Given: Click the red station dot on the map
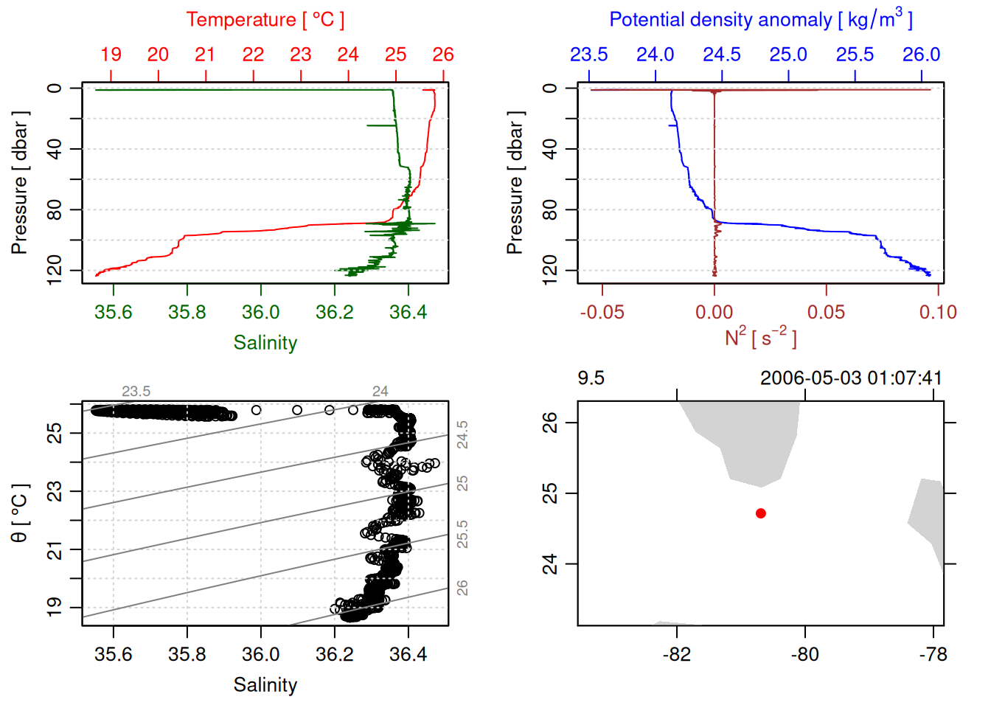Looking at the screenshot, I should pyautogui.click(x=760, y=513).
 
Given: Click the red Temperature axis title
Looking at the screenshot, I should pyautogui.click(x=265, y=20).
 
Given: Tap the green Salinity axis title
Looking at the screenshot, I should pyautogui.click(x=265, y=343).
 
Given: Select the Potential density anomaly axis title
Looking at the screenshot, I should pyautogui.click(x=760, y=20).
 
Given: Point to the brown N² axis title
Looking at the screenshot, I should pyautogui.click(x=760, y=338).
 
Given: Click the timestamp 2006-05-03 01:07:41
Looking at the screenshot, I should pyautogui.click(x=851, y=378).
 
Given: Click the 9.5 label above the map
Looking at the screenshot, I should pyautogui.click(x=591, y=378).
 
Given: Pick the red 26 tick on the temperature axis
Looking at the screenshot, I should pyautogui.click(x=443, y=55).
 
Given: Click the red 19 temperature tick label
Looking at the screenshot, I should pyautogui.click(x=111, y=55).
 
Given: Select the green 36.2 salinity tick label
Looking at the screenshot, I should pyautogui.click(x=335, y=312).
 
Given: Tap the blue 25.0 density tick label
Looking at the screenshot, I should pyautogui.click(x=788, y=55).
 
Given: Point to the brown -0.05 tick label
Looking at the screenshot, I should pyautogui.click(x=602, y=312).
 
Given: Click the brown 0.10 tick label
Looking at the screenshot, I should pyautogui.click(x=938, y=312).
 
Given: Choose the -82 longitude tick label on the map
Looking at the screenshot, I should pyautogui.click(x=676, y=654).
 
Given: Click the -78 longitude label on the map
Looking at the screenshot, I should pyautogui.click(x=933, y=654).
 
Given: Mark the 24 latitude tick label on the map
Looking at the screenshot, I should pyautogui.click(x=550, y=564).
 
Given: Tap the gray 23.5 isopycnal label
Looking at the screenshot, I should pyautogui.click(x=136, y=391).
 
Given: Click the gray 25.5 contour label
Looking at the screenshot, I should pyautogui.click(x=462, y=534).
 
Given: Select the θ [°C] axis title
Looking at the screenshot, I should pyautogui.click(x=19, y=513).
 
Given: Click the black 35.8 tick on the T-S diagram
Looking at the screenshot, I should pyautogui.click(x=187, y=654).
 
